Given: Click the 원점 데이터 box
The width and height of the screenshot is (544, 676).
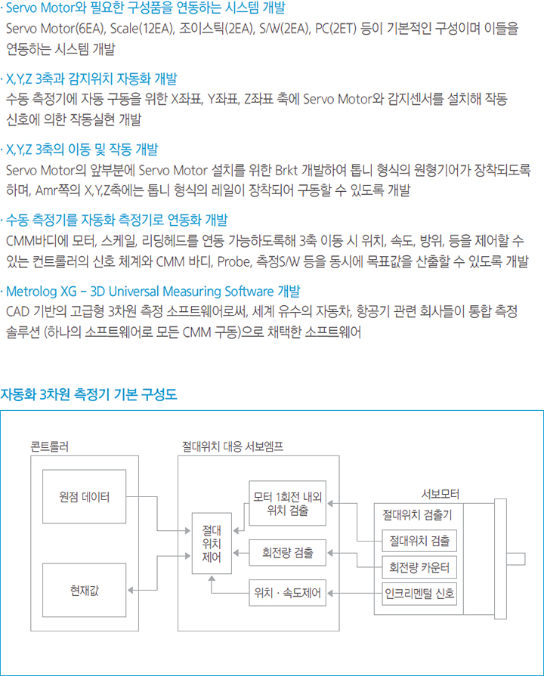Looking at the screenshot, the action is point(84,497).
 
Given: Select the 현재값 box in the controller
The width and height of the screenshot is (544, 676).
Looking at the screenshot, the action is point(84,590).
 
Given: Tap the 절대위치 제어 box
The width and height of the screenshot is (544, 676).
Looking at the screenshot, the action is point(212,543).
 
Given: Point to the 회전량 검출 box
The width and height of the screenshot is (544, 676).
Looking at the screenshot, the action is point(287,553).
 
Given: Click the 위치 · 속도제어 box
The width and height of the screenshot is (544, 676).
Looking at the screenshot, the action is point(287,593).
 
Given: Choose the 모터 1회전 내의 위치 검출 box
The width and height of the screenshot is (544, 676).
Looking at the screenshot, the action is point(287,503).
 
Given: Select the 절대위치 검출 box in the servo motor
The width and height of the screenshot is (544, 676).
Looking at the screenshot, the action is point(419,541).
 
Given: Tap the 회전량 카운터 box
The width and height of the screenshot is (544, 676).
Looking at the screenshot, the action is point(419,567).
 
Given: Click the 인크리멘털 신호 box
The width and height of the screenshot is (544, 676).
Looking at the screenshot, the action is point(419,594).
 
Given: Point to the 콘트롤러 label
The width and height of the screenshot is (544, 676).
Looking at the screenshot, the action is point(50,446).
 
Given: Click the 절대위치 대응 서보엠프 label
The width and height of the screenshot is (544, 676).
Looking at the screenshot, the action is point(233,446).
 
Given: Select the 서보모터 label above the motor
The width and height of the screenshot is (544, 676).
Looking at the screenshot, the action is point(440,494).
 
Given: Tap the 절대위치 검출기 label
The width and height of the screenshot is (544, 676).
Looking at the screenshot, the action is point(417,515).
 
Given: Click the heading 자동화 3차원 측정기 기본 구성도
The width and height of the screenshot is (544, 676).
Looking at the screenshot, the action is point(89,394).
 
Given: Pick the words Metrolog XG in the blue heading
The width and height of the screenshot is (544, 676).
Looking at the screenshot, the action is point(42,292).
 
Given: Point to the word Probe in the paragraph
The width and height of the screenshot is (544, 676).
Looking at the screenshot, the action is point(233,261).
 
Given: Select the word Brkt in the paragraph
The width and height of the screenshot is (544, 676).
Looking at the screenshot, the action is point(286,170).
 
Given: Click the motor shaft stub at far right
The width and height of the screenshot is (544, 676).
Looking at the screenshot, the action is point(516,559).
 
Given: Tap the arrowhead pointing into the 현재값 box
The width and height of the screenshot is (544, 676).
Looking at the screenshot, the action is point(130,590).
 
